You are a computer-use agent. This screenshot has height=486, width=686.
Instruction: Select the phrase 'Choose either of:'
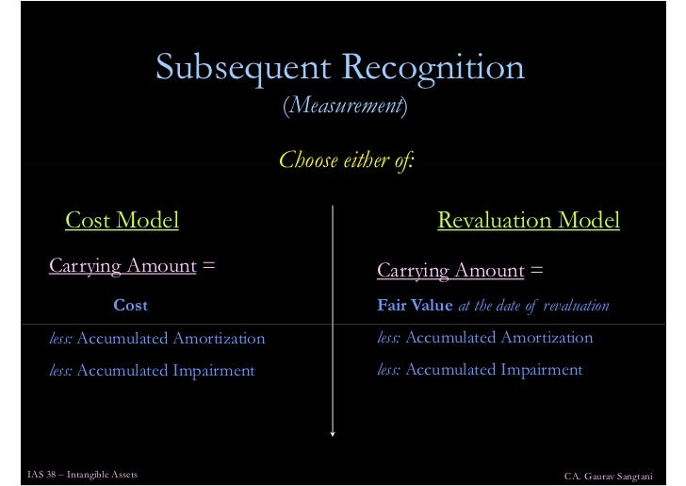[346, 160]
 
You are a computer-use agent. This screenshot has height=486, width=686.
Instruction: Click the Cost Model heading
[122, 221]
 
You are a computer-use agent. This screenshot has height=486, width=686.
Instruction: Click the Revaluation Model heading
[529, 221]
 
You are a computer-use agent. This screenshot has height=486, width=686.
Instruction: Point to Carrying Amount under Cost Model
[122, 266]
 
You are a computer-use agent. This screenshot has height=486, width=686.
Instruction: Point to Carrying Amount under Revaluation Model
[450, 272]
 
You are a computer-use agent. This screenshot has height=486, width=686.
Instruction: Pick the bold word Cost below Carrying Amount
[130, 306]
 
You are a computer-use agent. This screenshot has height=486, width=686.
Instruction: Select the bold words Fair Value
[415, 306]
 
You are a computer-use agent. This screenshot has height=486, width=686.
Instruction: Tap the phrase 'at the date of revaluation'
[533, 306]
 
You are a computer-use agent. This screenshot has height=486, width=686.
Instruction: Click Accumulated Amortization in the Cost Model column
[171, 338]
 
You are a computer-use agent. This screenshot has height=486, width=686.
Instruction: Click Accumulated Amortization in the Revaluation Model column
[498, 338]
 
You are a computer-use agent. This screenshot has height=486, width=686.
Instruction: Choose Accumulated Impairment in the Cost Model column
[166, 371]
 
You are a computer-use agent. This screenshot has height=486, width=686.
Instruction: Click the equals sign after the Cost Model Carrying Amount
[209, 266]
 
